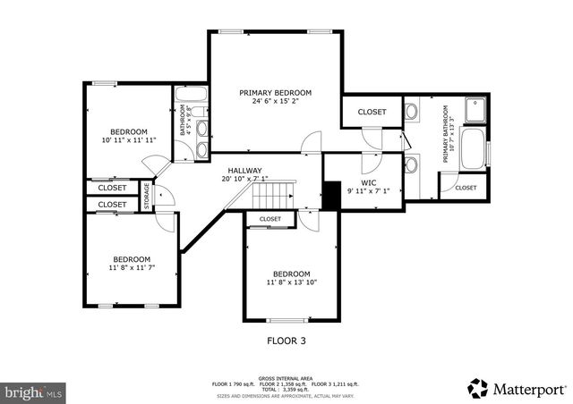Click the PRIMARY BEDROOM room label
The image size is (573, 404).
click(x=275, y=93)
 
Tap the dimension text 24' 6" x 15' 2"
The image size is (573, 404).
click(x=275, y=102)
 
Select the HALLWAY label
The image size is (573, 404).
click(x=244, y=170)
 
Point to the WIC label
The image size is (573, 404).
click(x=368, y=182)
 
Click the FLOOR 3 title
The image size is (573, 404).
click(x=286, y=340)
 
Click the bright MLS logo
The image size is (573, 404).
click(x=33, y=391)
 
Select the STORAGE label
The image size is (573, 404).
click(x=147, y=196)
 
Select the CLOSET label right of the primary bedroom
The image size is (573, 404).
click(x=372, y=112)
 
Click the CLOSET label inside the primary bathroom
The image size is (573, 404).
click(x=466, y=188)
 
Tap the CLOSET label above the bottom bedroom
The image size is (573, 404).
click(x=270, y=219)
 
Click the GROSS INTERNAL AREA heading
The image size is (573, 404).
click(x=286, y=378)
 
